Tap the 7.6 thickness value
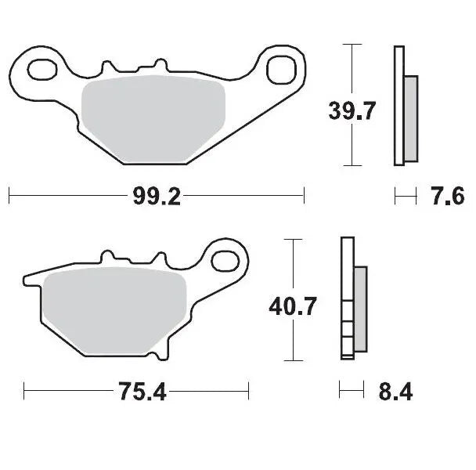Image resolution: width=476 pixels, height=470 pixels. click(x=448, y=197)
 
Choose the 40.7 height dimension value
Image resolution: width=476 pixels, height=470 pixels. click(x=292, y=305)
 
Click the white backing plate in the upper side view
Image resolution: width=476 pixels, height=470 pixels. click(x=398, y=106)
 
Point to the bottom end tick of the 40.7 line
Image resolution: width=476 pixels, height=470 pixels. click(x=292, y=360)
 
